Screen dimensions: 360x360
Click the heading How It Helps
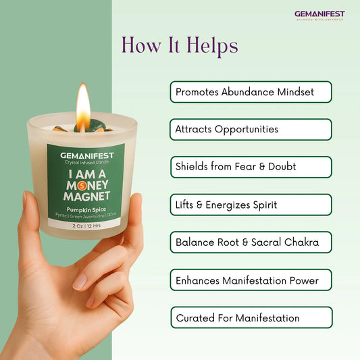[180, 45]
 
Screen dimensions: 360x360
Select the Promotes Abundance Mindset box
[251, 92]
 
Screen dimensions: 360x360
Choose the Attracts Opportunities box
[251, 129]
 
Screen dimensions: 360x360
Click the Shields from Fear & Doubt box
[251, 167]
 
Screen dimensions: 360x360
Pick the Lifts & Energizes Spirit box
[251, 204]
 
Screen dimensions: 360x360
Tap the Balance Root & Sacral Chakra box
[251, 242]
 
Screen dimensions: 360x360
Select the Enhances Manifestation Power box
[251, 280]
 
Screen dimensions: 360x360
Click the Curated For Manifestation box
[251, 317]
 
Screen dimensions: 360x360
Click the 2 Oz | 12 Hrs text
[85, 227]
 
